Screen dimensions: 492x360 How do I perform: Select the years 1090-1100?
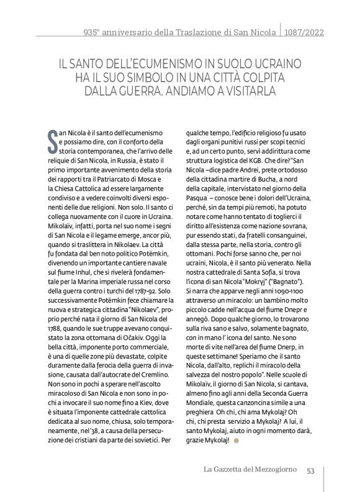pos(282,297)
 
